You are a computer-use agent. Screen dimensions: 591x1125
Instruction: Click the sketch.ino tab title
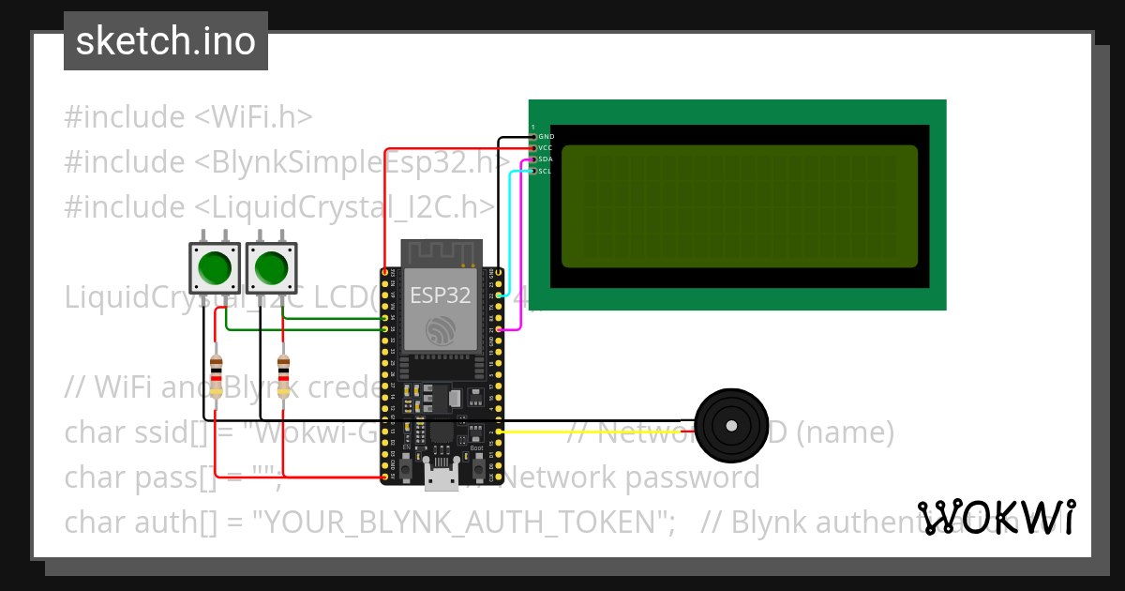(x=165, y=41)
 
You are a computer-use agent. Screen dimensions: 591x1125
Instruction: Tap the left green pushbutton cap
(x=216, y=268)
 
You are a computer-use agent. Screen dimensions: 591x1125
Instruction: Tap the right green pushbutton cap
(x=272, y=268)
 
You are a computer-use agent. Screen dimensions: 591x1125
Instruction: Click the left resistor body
(x=217, y=377)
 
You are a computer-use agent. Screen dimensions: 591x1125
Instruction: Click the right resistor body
(x=283, y=377)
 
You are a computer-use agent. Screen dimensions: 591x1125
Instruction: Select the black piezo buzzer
(x=730, y=426)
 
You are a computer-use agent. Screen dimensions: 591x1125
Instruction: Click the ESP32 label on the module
(x=440, y=296)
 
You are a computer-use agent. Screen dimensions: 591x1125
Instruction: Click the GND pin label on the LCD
(x=546, y=137)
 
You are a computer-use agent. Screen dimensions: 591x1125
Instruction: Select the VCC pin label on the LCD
(x=546, y=148)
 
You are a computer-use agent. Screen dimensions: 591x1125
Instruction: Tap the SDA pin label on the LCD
(x=546, y=159)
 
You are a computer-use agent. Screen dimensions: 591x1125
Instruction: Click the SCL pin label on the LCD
(x=546, y=171)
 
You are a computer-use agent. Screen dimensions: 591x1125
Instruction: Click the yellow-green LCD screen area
(x=739, y=206)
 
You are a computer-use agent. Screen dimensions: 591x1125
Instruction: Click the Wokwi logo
(x=997, y=517)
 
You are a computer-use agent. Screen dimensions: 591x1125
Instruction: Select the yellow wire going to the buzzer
(x=600, y=432)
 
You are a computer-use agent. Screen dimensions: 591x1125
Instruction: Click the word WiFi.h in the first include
(x=265, y=117)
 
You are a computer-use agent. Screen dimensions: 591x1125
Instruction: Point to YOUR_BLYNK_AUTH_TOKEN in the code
(x=459, y=522)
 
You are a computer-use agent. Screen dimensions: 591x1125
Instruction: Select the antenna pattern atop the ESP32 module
(x=441, y=252)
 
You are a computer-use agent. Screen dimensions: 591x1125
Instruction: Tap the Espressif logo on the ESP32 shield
(x=440, y=331)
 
